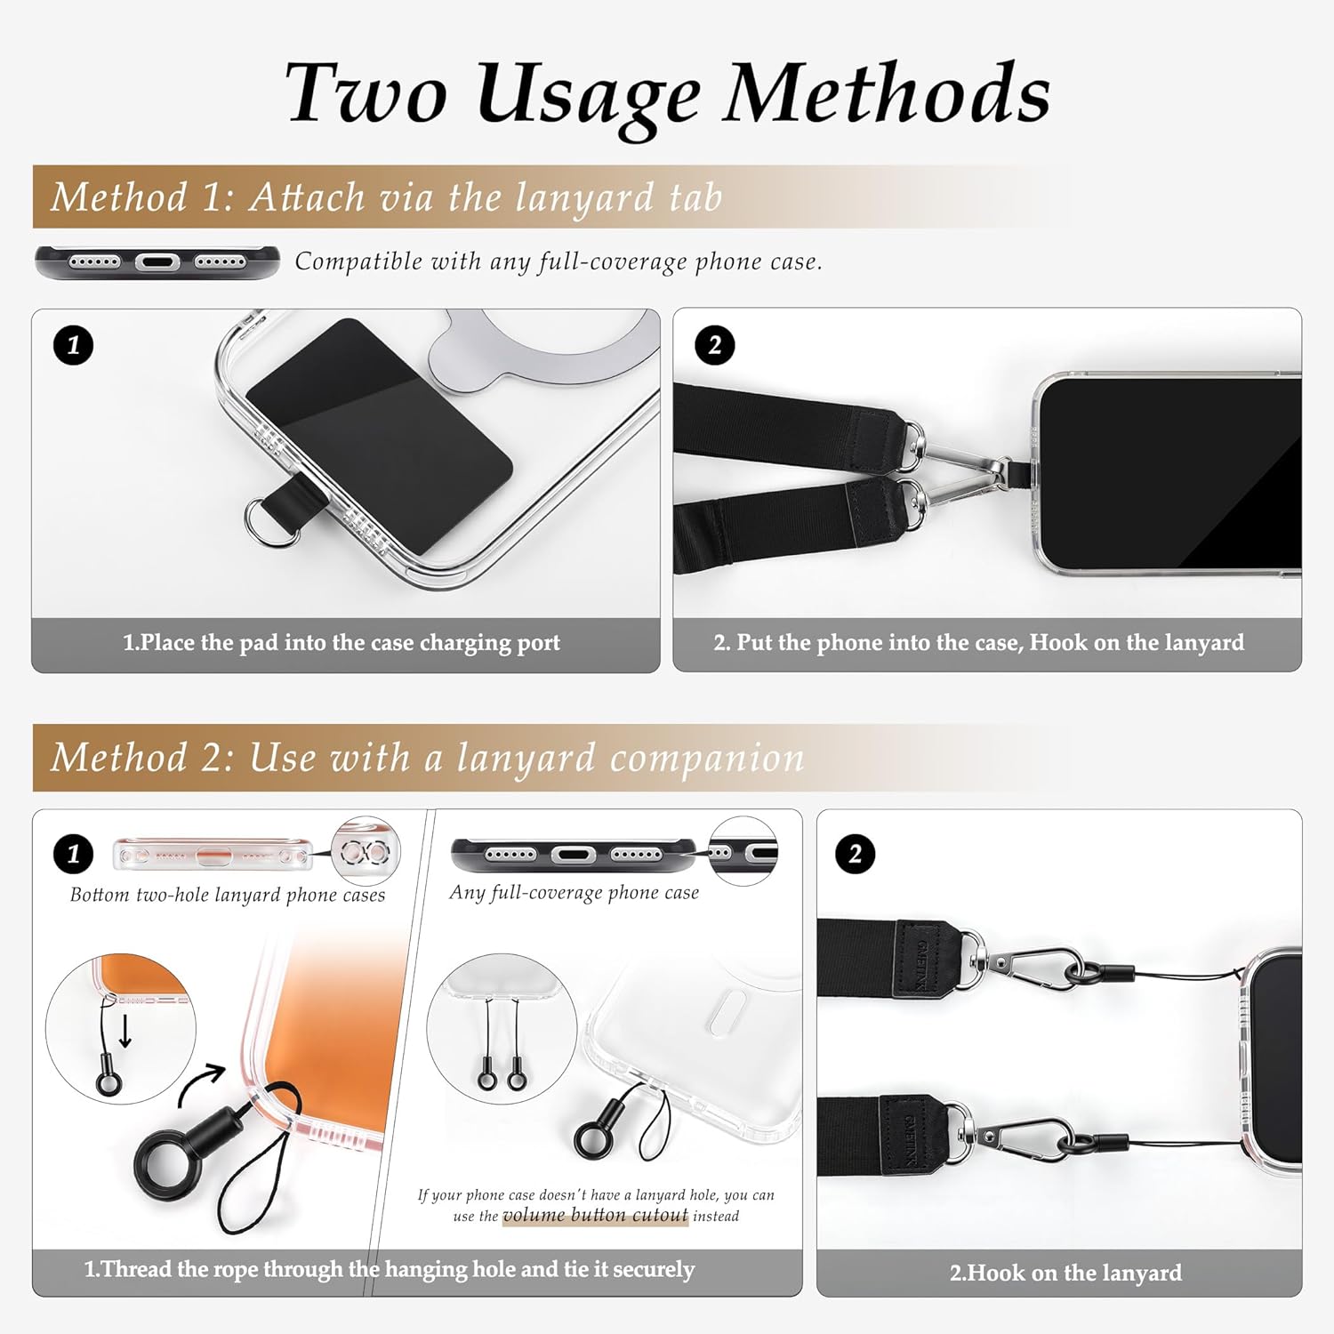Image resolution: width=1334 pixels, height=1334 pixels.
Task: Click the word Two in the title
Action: pos(366,92)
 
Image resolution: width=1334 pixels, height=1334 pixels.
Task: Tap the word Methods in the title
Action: pos(887,92)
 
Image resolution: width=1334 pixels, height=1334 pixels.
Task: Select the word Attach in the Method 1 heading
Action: pos(307,197)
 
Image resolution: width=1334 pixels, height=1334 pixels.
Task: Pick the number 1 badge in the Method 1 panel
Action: pos(73,345)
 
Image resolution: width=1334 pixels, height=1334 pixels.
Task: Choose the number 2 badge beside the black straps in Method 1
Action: pos(715,345)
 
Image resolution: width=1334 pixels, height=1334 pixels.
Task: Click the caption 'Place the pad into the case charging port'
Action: pos(342,642)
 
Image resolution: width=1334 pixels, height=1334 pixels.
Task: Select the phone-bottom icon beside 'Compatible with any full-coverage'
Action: pos(157,262)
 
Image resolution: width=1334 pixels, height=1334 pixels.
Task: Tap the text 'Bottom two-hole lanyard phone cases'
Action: pos(228,895)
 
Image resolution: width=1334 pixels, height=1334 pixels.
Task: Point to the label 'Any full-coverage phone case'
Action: pos(575,892)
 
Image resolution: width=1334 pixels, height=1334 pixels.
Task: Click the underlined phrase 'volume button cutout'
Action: pos(595,1216)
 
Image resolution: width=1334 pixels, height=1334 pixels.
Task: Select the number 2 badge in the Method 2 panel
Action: pos(855,855)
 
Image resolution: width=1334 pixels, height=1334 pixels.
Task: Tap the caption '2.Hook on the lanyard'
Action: pos(1065,1273)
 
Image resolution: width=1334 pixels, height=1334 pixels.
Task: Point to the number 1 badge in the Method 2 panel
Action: pos(73,855)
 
